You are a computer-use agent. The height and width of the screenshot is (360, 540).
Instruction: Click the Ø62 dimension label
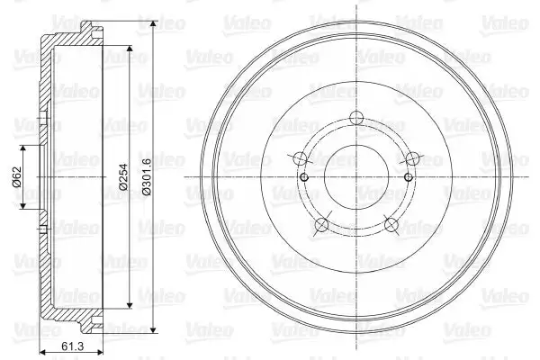[x=16, y=176]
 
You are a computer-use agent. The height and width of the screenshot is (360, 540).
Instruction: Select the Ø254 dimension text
[x=123, y=176]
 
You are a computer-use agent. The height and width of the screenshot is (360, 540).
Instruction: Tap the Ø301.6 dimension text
[x=147, y=176]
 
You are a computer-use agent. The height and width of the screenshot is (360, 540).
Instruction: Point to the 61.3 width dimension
[x=72, y=346]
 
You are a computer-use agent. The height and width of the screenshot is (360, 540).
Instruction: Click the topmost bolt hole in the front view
[x=356, y=118]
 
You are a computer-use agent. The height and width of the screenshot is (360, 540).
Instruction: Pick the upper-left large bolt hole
[x=301, y=158]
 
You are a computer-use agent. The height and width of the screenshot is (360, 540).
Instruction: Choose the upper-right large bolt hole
[x=412, y=158]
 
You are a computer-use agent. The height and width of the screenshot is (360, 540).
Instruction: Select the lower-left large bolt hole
[x=322, y=225]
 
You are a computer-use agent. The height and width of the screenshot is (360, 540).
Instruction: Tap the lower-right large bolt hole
[x=391, y=225]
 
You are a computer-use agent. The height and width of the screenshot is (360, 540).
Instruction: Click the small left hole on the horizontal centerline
[x=304, y=177]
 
